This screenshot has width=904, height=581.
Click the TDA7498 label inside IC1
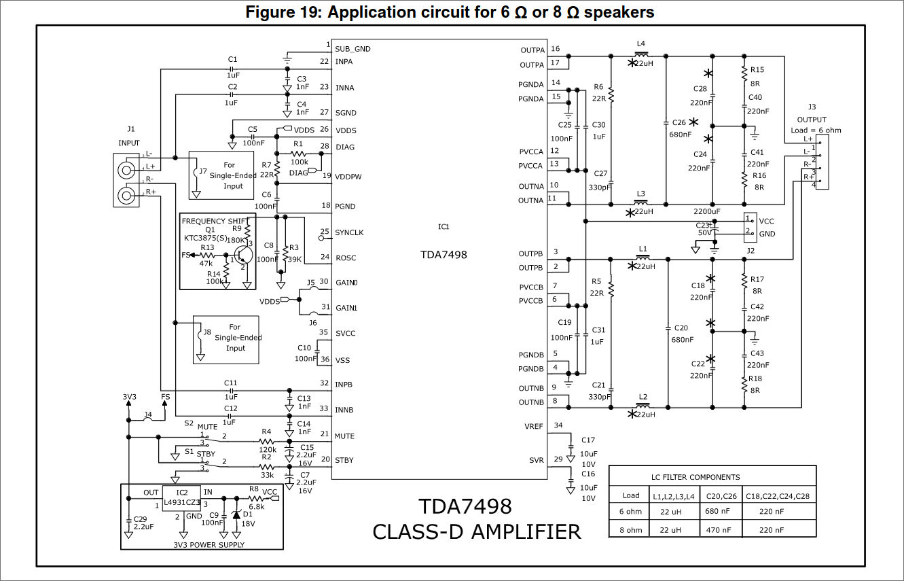444,254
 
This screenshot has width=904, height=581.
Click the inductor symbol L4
640,54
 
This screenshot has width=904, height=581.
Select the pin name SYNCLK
349,232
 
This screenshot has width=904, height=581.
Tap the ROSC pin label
346,258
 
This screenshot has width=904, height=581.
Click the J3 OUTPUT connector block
822,162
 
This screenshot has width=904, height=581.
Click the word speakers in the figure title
618,12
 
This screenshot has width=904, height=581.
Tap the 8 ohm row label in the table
631,530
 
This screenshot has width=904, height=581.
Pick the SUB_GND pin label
352,49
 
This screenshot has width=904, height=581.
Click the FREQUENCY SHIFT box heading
214,221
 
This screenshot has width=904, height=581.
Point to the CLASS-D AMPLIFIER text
476,531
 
